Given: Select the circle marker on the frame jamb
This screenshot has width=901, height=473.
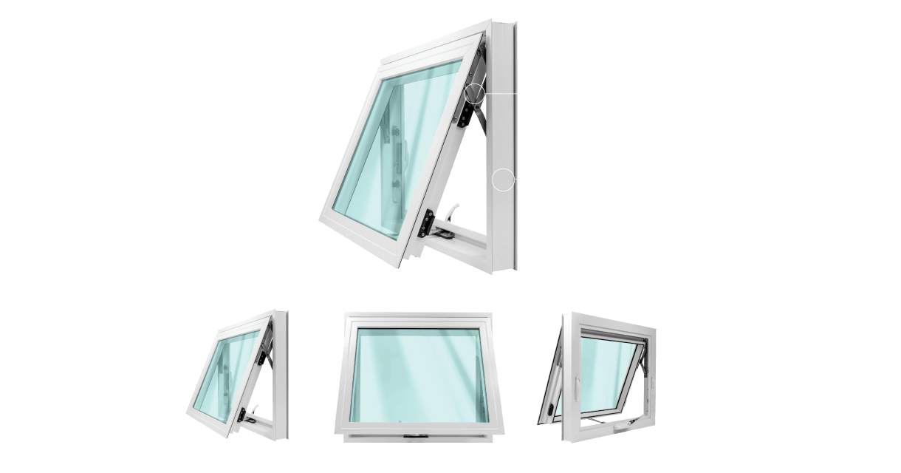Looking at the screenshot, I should tap(504, 180).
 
